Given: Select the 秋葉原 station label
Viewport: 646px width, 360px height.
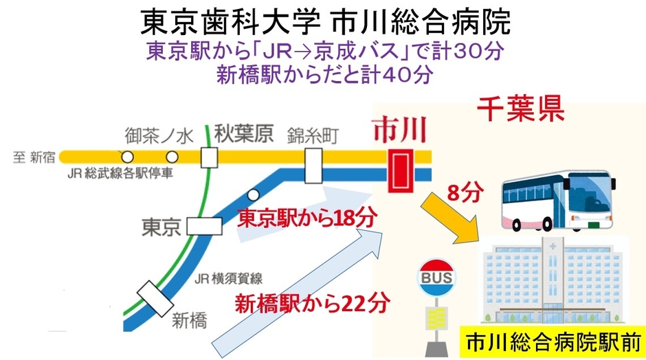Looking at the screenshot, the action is tap(242, 132).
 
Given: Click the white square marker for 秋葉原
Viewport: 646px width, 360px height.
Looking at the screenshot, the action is tap(209, 157).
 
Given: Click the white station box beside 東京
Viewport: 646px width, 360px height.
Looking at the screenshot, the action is tap(205, 225).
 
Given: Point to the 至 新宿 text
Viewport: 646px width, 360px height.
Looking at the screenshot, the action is tap(34, 157).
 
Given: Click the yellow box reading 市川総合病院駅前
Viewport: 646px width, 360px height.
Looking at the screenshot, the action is tap(553, 341).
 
